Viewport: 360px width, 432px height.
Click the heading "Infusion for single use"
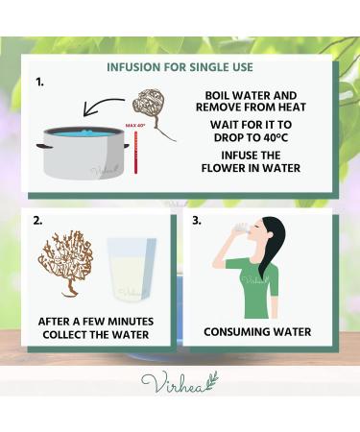(x=180, y=67)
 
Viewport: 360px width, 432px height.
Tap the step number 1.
(x=39, y=83)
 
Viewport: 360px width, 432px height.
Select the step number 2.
(x=37, y=221)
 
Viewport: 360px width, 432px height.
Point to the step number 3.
(x=197, y=221)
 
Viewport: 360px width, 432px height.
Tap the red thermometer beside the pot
(x=135, y=152)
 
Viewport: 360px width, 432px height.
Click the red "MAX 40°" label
(x=135, y=126)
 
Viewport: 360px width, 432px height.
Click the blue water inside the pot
(x=84, y=132)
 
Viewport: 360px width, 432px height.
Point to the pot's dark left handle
(x=44, y=146)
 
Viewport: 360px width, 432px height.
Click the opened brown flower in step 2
(x=65, y=262)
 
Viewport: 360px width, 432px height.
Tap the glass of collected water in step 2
(x=132, y=270)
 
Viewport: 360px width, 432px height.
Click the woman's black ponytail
(x=272, y=247)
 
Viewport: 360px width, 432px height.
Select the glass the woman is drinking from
(x=240, y=228)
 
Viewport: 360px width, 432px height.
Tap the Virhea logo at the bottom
(x=180, y=381)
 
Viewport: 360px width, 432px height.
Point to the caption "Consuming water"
(x=257, y=332)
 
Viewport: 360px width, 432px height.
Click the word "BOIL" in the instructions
(x=218, y=95)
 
